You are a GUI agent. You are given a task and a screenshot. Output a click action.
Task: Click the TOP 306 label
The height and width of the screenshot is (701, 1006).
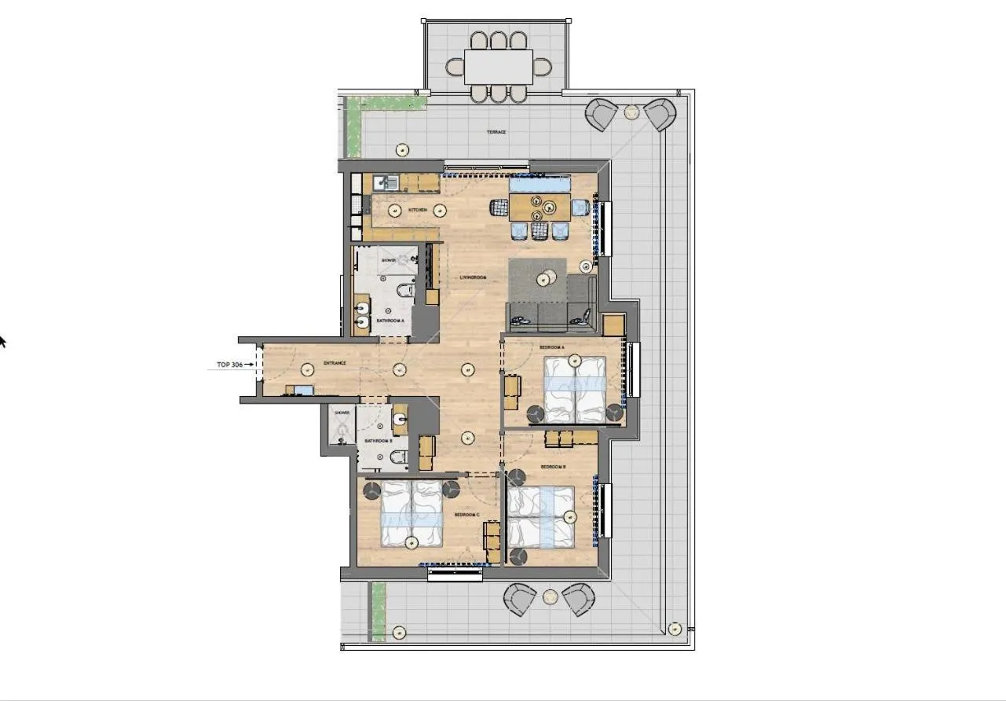click(230, 365)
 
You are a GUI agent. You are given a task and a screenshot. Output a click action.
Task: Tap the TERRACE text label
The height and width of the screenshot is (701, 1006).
click(496, 132)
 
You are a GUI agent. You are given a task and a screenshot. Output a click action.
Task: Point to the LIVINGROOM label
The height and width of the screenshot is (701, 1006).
click(474, 277)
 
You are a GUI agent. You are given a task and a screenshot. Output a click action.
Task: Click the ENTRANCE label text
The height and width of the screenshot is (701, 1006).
click(335, 363)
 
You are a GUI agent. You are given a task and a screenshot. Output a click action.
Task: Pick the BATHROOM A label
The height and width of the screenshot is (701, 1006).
click(390, 321)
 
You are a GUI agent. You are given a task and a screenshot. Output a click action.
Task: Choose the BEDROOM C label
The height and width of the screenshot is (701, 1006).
click(466, 515)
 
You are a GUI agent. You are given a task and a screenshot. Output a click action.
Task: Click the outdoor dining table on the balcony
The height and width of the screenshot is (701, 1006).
click(498, 68)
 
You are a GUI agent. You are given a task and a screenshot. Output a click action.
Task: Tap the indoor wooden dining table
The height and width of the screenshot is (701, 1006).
click(540, 207)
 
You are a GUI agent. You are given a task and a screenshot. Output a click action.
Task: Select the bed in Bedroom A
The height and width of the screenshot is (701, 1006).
click(575, 391)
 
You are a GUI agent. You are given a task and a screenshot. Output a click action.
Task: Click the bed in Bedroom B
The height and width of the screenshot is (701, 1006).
click(541, 516)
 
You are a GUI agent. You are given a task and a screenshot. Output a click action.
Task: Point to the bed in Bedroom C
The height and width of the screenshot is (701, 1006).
click(412, 514)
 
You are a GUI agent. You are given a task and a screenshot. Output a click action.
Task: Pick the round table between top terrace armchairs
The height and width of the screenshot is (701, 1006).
click(631, 112)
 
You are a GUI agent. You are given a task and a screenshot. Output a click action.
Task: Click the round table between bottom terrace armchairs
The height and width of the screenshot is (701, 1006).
click(550, 597)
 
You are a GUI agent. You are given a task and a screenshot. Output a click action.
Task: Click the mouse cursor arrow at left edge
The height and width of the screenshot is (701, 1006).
click(2, 341)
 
